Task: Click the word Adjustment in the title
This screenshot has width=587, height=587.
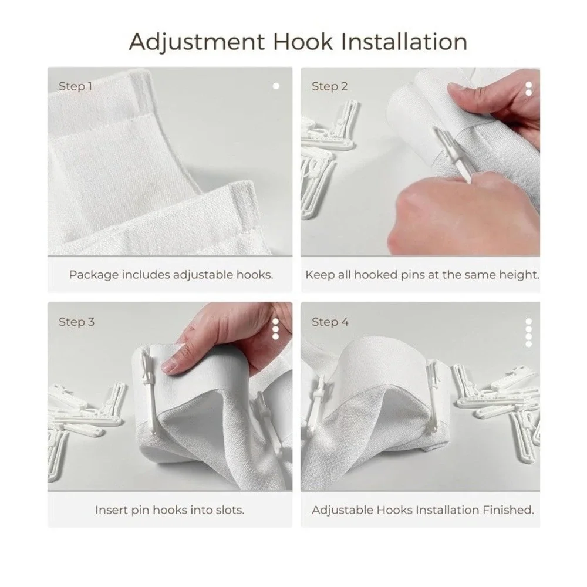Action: pos(197,42)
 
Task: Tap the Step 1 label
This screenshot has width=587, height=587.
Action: pos(75,86)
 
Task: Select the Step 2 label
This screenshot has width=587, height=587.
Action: pos(330,86)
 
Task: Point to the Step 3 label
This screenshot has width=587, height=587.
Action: pos(77,322)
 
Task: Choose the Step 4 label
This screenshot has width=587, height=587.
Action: pos(330,322)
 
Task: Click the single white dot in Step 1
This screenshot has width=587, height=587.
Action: pos(276,86)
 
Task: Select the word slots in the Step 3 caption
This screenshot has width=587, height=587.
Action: pos(230,510)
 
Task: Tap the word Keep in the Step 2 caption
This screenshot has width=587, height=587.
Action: pos(320,275)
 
